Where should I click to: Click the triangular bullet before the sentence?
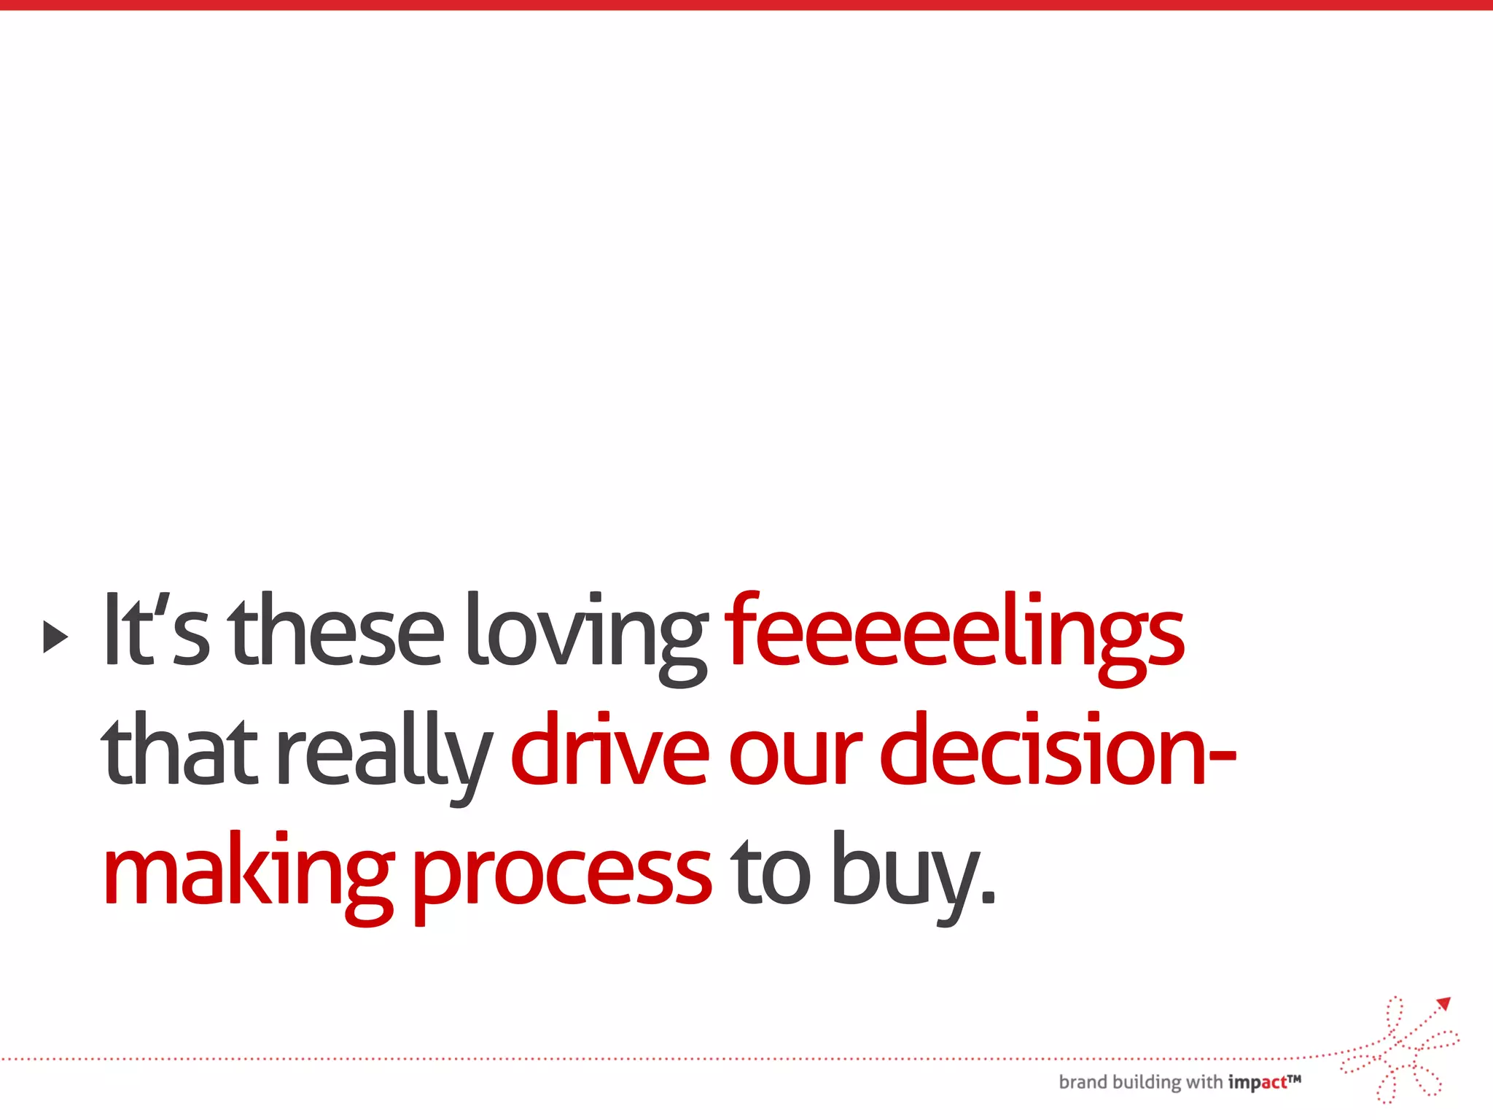(x=55, y=637)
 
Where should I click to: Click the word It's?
(x=156, y=631)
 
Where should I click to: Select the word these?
(x=336, y=631)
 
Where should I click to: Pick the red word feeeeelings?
(x=954, y=634)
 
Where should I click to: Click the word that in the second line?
(x=179, y=751)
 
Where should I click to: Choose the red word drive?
(x=609, y=751)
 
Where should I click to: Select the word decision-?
(x=1058, y=751)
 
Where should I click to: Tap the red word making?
(x=249, y=875)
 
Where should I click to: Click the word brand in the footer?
(x=1083, y=1082)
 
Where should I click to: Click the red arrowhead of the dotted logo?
(x=1444, y=1004)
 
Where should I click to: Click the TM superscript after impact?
(x=1294, y=1078)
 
